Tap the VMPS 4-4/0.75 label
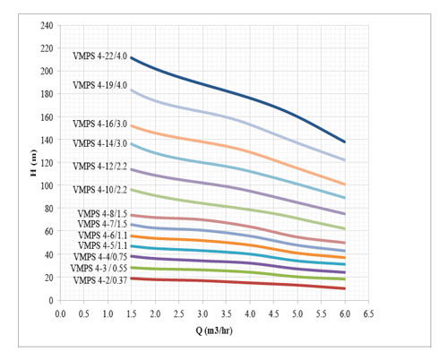coord(100,256)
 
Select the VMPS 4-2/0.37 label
coord(100,279)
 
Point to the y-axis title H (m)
coord(32,162)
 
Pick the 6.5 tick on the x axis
coord(368,313)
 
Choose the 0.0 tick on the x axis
coord(60,313)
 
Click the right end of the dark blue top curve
coord(345,141)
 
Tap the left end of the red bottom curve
coord(132,279)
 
